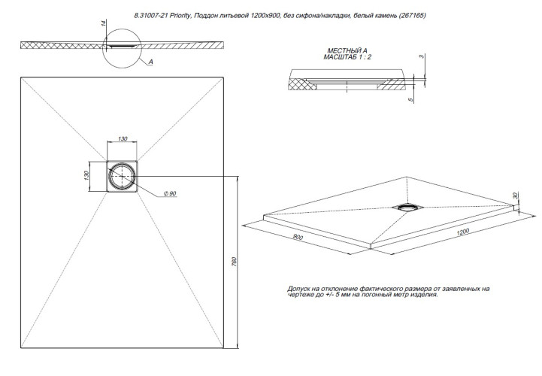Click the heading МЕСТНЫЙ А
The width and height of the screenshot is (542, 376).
(343, 49)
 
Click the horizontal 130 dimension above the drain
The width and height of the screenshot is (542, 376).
(122, 141)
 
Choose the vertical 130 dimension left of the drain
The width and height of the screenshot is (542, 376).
(88, 175)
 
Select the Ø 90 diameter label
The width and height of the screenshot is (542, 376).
(169, 194)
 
